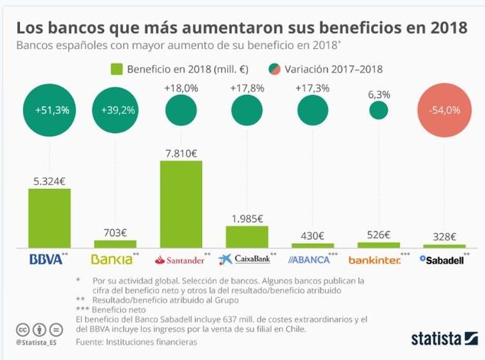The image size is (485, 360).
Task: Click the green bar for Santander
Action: click(x=181, y=204)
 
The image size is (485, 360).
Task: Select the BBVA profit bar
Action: click(x=50, y=218)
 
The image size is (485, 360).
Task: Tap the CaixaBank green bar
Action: click(x=247, y=236)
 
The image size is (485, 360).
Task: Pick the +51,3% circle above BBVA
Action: click(x=51, y=110)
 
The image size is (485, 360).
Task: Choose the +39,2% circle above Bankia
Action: click(x=116, y=110)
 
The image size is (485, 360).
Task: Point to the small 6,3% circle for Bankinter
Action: click(x=379, y=110)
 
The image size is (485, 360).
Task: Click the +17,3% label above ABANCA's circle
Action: click(x=313, y=89)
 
